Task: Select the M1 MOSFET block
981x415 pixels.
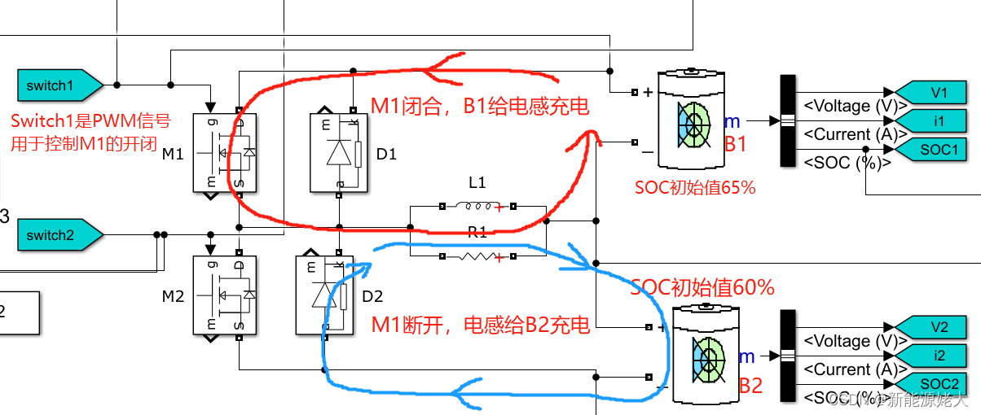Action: (225, 152)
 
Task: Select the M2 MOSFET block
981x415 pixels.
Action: (225, 295)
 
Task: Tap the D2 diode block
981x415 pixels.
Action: (328, 295)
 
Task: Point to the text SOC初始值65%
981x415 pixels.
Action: (695, 187)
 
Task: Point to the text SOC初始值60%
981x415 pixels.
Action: (702, 287)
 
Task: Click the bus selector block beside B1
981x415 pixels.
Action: (788, 120)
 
